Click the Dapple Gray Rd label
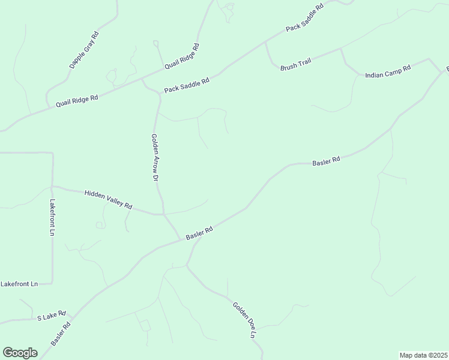click(x=83, y=50)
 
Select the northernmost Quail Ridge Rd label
click(x=182, y=56)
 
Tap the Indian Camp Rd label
click(x=388, y=71)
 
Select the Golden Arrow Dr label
click(x=154, y=157)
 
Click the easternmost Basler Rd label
click(x=327, y=161)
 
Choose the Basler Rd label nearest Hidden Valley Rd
click(x=199, y=233)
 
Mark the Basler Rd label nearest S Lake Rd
click(x=61, y=333)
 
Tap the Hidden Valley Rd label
click(x=108, y=199)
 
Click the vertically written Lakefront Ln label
click(x=53, y=217)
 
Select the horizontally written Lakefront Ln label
click(x=19, y=283)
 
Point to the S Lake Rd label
click(x=51, y=316)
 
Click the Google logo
click(x=20, y=353)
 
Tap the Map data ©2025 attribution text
click(x=423, y=355)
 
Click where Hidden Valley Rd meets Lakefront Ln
click(x=53, y=187)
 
